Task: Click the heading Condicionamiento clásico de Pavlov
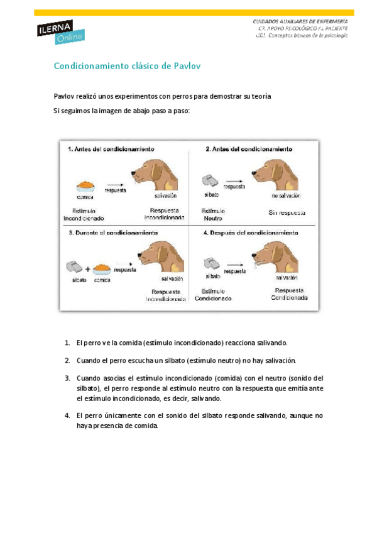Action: (127, 66)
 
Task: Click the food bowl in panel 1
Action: (85, 186)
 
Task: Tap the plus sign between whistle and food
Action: (88, 268)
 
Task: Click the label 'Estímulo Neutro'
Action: (212, 214)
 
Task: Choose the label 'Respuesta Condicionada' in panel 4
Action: (289, 294)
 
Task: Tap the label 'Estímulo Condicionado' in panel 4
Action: (212, 295)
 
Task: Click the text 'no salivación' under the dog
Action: (288, 196)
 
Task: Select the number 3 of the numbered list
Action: (67, 378)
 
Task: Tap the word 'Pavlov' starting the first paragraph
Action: (64, 96)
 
